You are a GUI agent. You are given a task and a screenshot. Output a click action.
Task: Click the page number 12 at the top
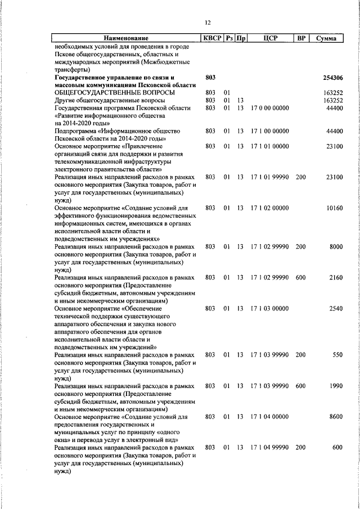click(x=208, y=22)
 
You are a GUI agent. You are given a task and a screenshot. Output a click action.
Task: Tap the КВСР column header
click(x=212, y=38)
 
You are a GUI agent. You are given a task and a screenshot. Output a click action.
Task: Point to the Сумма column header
click(x=326, y=38)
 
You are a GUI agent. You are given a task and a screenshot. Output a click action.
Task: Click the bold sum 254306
click(x=334, y=78)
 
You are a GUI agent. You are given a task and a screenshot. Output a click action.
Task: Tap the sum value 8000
click(x=336, y=247)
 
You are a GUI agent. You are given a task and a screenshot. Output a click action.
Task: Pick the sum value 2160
click(x=336, y=278)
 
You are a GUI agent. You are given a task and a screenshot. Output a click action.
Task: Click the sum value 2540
click(x=336, y=309)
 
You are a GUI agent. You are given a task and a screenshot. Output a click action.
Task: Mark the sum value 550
click(x=338, y=355)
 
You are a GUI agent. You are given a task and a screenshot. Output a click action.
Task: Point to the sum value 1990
click(x=336, y=386)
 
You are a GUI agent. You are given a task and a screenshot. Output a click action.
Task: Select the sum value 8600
click(x=336, y=417)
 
